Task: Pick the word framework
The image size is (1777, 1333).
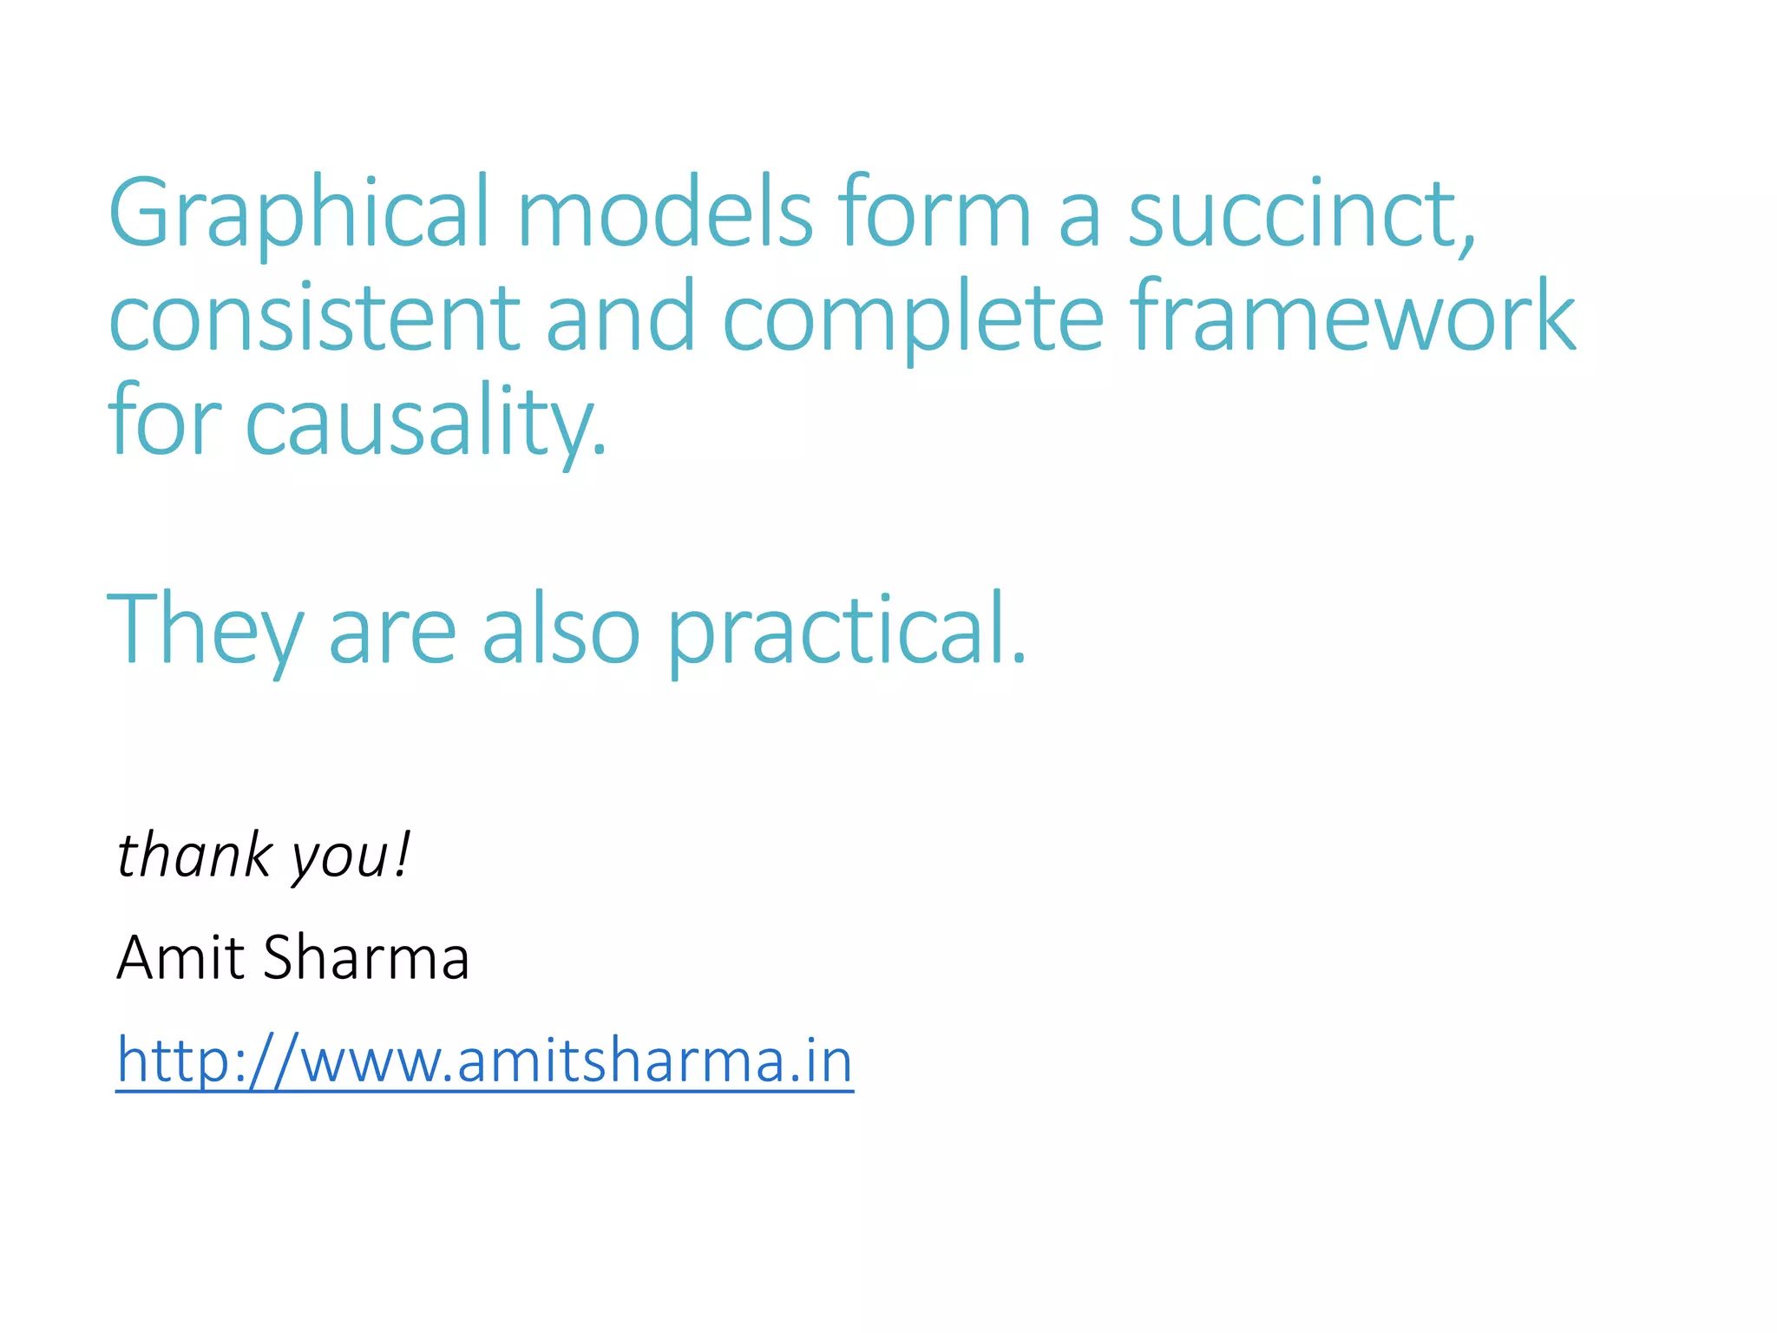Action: point(1354,317)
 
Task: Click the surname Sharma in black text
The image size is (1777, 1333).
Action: point(365,957)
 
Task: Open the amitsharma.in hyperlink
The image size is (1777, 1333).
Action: point(485,1060)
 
